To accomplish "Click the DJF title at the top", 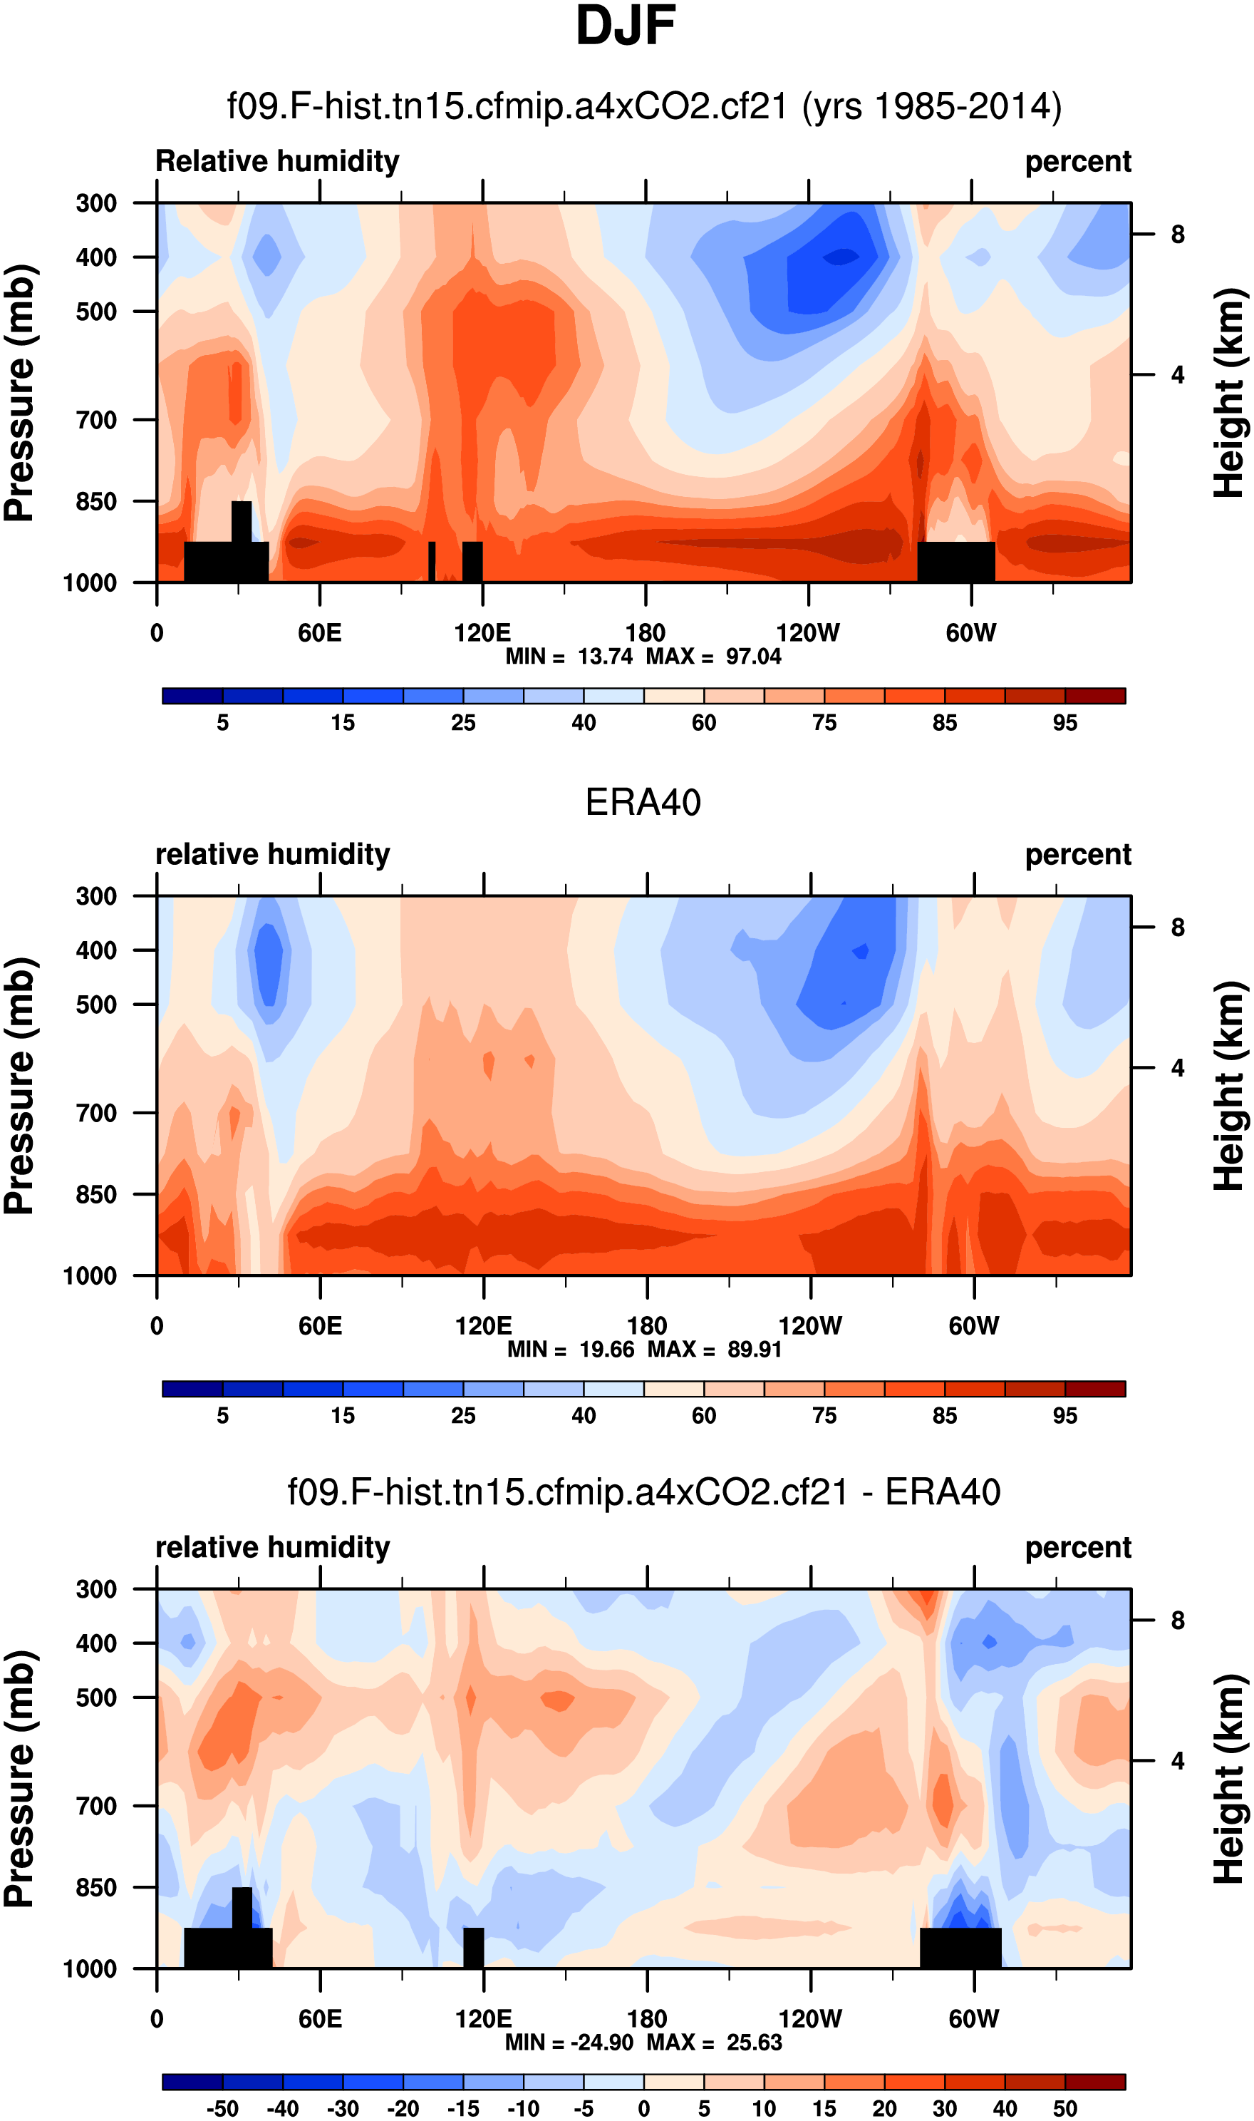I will tap(626, 26).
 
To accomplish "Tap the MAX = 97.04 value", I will tap(713, 657).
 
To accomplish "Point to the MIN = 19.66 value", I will tap(571, 1349).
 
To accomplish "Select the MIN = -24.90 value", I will tap(569, 2043).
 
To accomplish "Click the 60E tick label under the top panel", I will tap(319, 633).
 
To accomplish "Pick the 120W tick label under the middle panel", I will tap(809, 1325).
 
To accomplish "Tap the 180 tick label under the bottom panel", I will tap(646, 2019).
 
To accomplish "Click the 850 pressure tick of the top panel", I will tap(96, 501).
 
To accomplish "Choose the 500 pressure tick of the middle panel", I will tap(96, 1005).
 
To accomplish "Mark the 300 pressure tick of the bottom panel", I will tap(96, 1589).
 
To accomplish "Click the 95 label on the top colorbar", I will tap(1064, 723).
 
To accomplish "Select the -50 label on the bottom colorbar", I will tap(222, 2108).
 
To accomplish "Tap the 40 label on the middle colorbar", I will tap(583, 1416).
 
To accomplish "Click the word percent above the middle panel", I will tap(1077, 855).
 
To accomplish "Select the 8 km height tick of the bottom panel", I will tap(1177, 1621).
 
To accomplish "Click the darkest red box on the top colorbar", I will tap(1095, 696).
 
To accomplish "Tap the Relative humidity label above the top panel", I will tap(277, 161).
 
